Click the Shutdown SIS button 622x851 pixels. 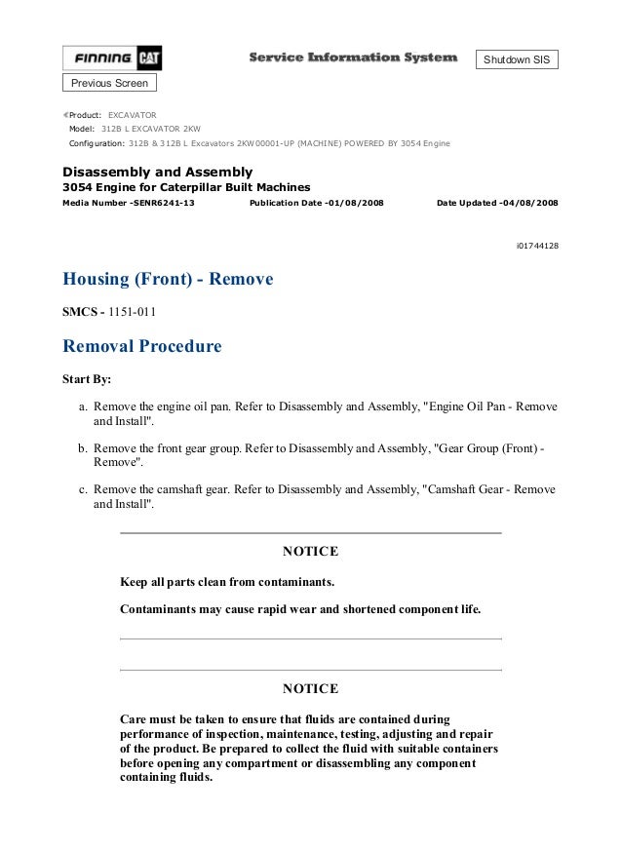[518, 59]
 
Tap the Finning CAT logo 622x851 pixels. [112, 58]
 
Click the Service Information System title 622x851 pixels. [352, 58]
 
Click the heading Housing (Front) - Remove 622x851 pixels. [168, 280]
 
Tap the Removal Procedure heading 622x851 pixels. [141, 345]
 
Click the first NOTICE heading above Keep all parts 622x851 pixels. [310, 552]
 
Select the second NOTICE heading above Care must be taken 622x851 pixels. [310, 688]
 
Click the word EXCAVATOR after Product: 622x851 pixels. [132, 114]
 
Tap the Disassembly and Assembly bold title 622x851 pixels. [157, 172]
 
